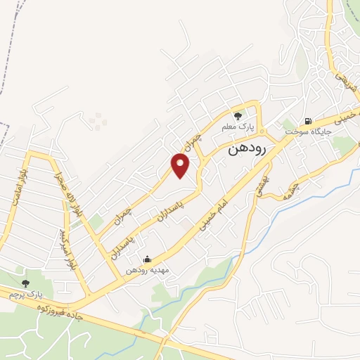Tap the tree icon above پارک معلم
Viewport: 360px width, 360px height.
239,117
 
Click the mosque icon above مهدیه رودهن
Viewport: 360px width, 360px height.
146,259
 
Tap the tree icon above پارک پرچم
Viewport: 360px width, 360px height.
25,283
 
